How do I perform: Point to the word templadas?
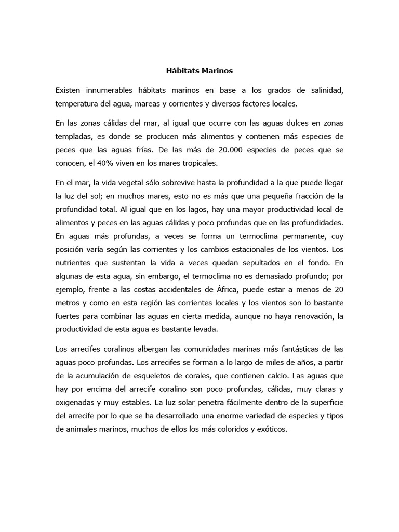point(74,136)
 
